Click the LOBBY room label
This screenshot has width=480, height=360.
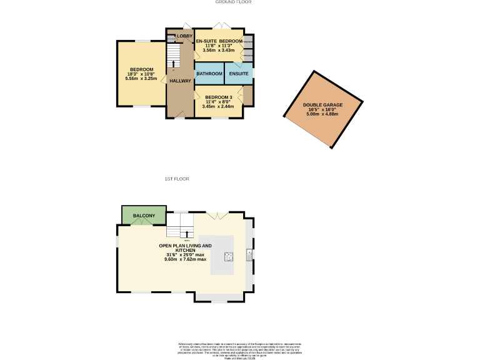[184, 36]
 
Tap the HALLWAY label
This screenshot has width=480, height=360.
[180, 81]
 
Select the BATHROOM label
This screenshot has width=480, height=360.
[209, 74]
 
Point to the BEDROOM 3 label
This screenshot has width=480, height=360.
[218, 97]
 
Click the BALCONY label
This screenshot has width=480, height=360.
[144, 216]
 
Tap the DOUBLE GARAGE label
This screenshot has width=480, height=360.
[321, 105]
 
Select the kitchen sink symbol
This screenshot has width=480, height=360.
[249, 255]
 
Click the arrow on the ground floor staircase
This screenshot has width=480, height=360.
[174, 62]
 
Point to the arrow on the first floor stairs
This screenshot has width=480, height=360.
[186, 234]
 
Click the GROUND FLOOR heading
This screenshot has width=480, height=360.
[233, 2]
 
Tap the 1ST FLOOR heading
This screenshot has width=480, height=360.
[177, 179]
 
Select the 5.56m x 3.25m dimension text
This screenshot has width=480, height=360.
[141, 79]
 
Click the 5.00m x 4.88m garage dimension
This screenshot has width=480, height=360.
[321, 114]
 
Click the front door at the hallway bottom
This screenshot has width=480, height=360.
[180, 115]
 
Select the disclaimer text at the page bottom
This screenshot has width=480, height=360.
[239, 348]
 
